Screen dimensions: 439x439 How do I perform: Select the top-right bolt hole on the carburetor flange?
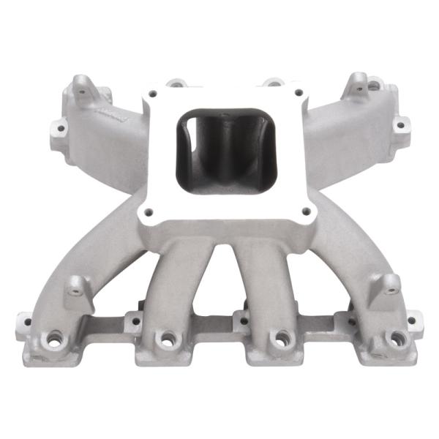pyautogui.click(x=298, y=93)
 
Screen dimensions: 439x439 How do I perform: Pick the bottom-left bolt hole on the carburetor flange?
pyautogui.click(x=149, y=212)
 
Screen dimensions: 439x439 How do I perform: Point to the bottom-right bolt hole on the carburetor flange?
pyautogui.click(x=305, y=212)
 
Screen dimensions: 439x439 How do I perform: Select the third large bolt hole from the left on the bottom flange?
pyautogui.click(x=279, y=338)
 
